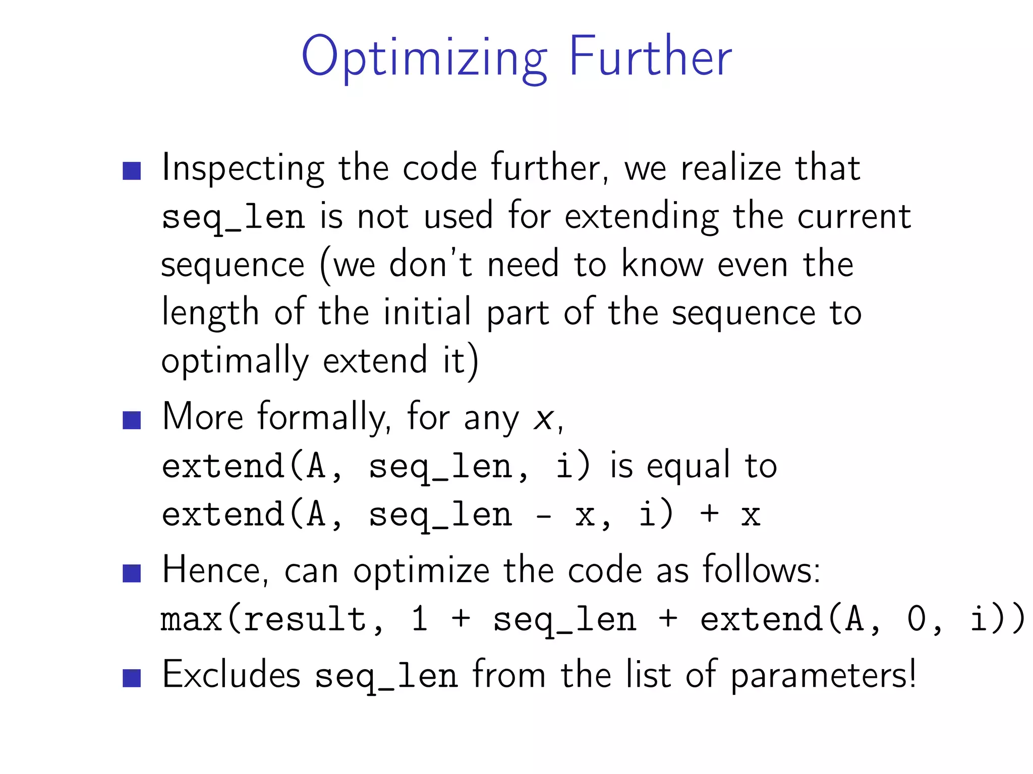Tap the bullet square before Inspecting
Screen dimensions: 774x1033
(132, 171)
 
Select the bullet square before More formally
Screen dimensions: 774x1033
(132, 420)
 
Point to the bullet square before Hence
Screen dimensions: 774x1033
(132, 573)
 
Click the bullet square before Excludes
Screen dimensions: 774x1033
(132, 678)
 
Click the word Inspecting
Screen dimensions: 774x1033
(243, 169)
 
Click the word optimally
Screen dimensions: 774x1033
(235, 361)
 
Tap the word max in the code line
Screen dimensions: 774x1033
(191, 620)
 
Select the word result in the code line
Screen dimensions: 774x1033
(306, 620)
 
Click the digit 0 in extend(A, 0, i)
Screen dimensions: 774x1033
(916, 620)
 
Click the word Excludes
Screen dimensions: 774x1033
(232, 675)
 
